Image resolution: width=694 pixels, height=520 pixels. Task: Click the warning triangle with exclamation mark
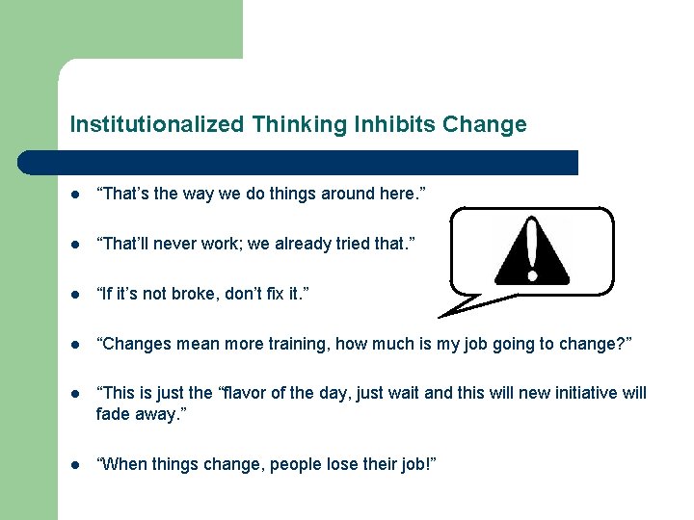[x=531, y=248]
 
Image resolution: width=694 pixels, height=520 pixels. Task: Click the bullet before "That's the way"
[x=74, y=195]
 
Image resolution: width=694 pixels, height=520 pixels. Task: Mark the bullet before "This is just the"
[x=74, y=394]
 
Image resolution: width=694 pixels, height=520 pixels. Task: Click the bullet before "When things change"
[x=74, y=466]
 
